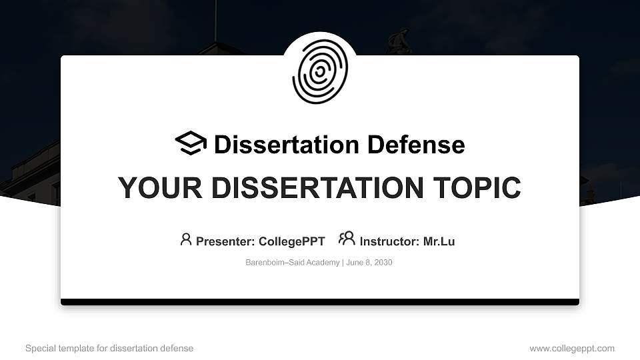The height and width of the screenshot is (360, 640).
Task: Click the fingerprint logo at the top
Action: tap(320, 73)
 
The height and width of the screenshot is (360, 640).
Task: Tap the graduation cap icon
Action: tap(191, 143)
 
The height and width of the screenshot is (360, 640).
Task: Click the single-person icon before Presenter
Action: tap(186, 239)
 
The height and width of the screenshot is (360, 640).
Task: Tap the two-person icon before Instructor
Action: tap(347, 239)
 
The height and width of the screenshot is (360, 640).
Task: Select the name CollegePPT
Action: tap(290, 241)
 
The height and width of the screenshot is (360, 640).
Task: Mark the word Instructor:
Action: tap(389, 241)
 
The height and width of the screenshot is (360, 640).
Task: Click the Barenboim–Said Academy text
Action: tap(293, 263)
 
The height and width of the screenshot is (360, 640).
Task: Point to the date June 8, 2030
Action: tap(369, 263)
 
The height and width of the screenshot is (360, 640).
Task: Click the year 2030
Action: tap(383, 263)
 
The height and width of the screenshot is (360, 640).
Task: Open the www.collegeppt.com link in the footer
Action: tap(572, 348)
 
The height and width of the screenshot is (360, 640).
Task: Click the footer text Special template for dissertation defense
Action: tap(109, 348)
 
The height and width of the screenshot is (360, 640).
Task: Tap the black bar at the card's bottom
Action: tap(320, 302)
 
